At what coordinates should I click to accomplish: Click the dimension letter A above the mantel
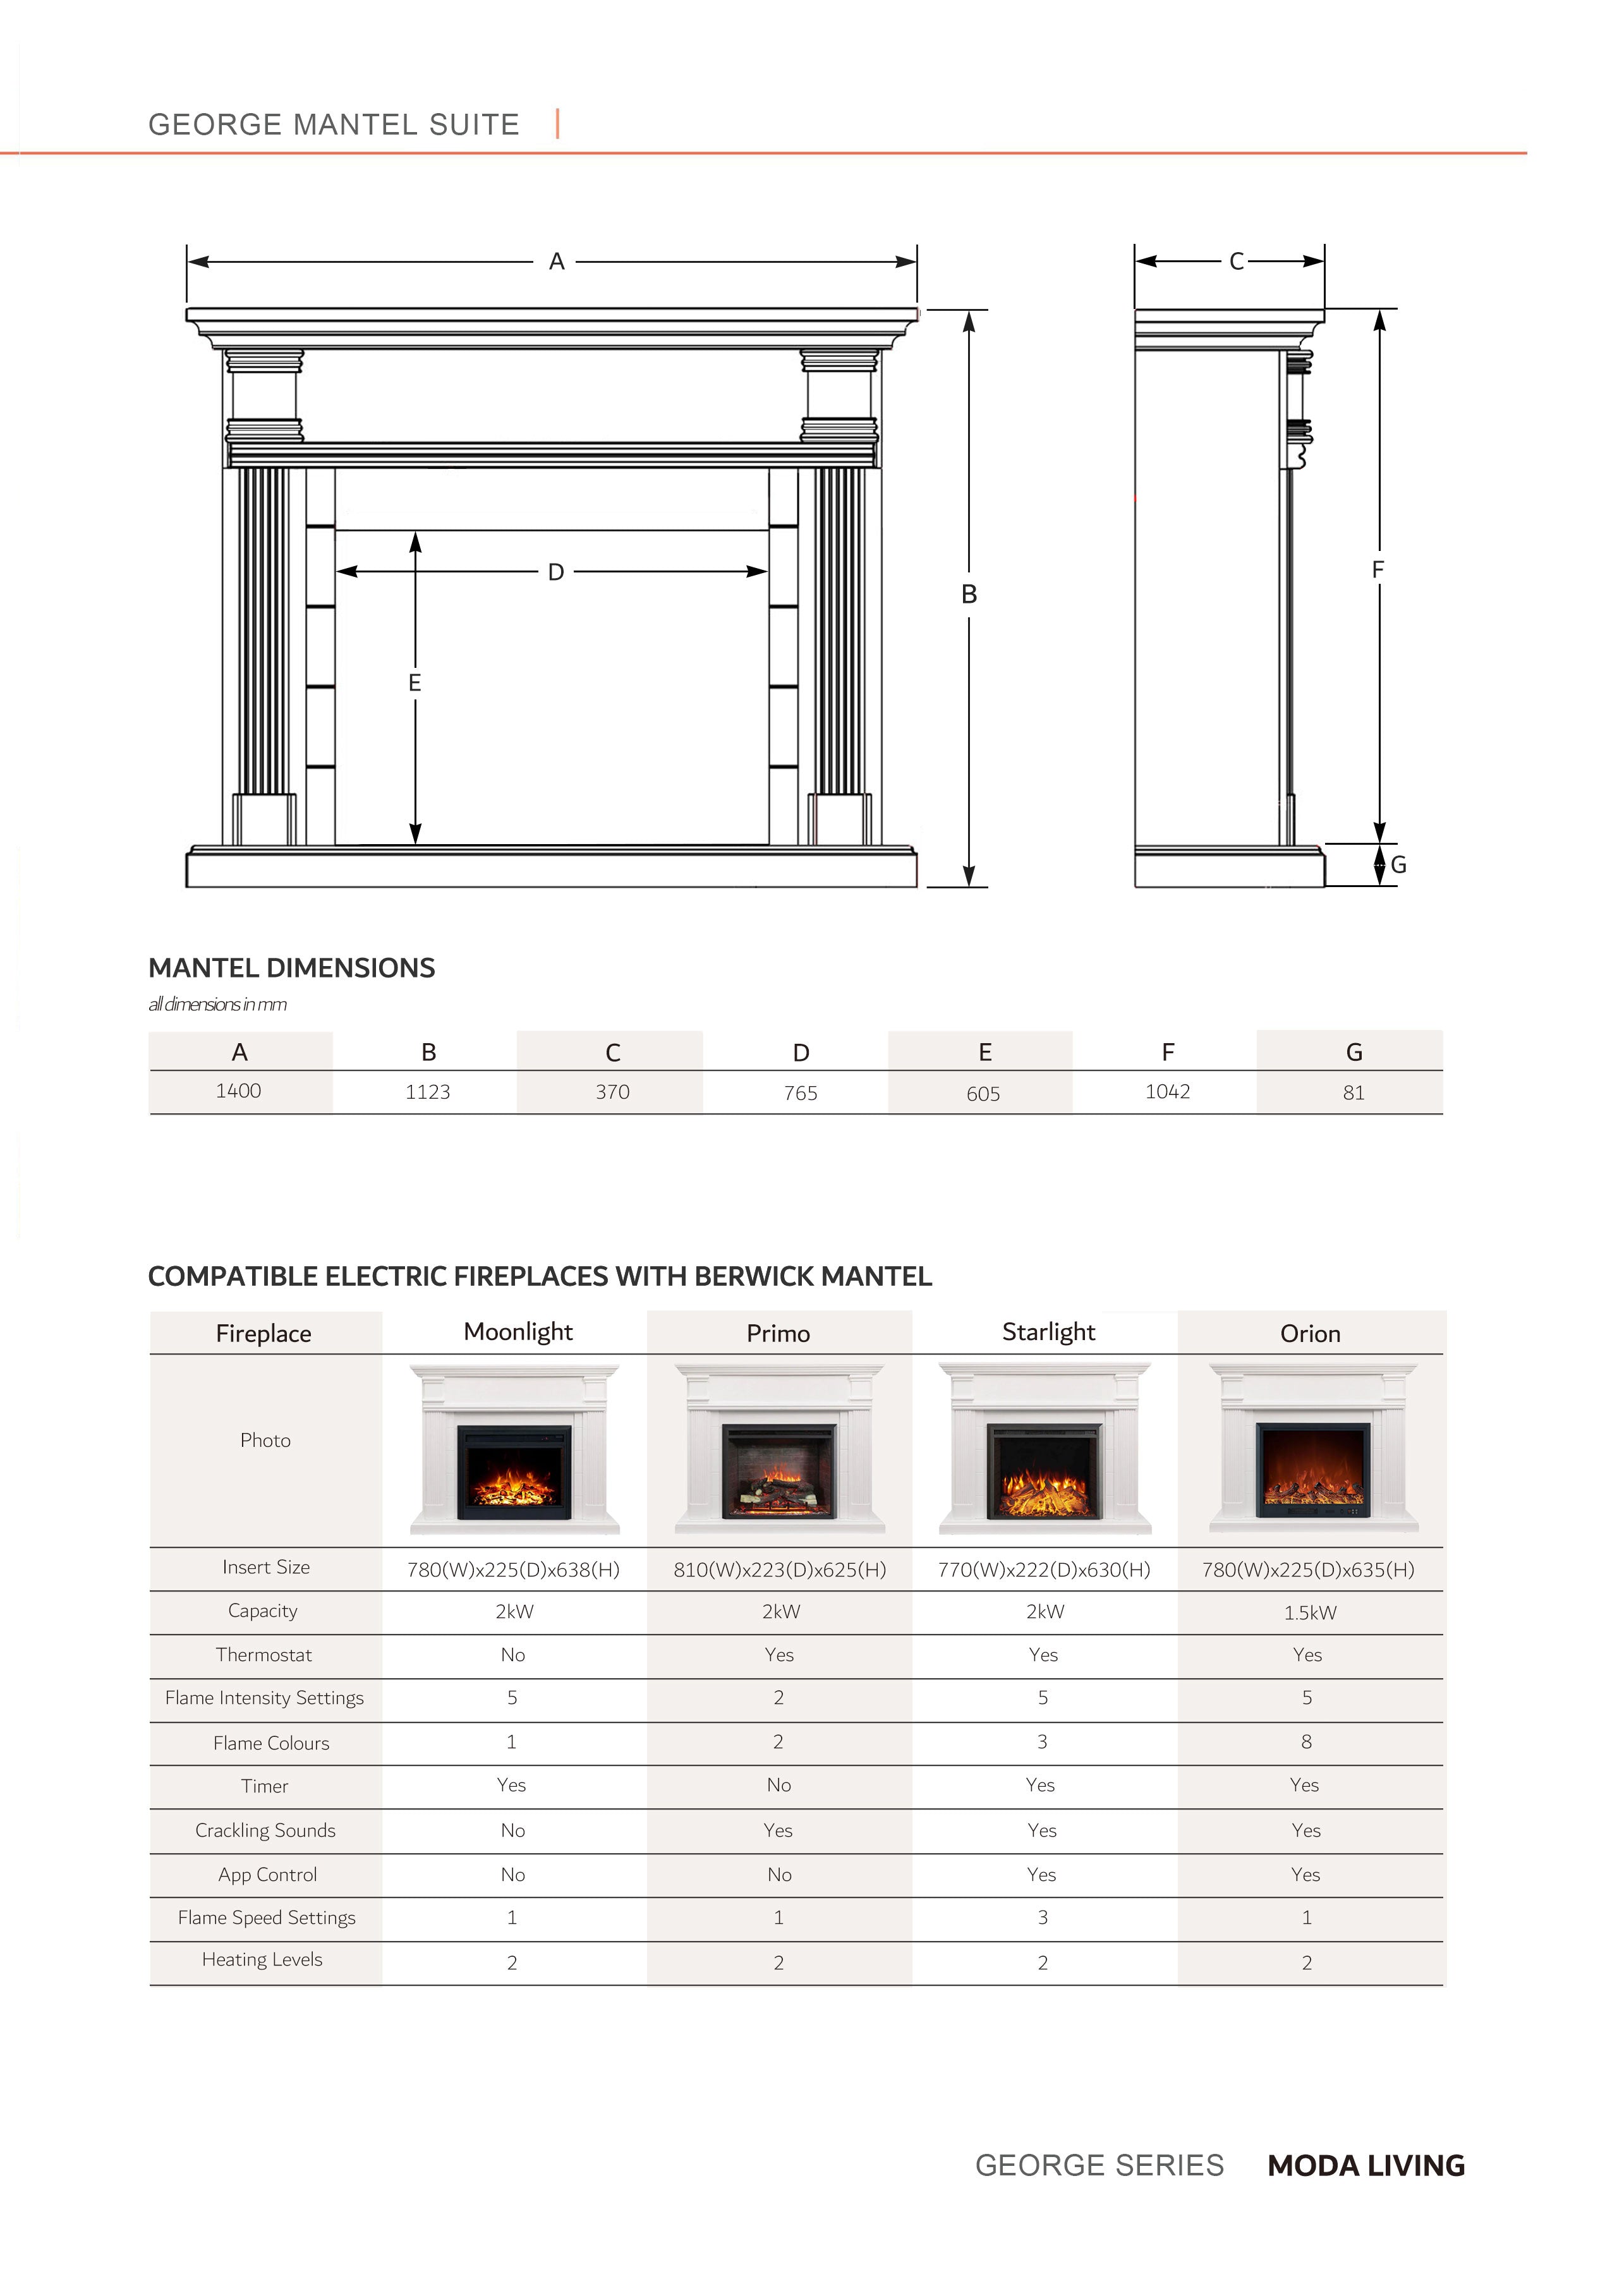pyautogui.click(x=557, y=262)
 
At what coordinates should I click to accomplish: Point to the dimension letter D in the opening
pyautogui.click(x=556, y=572)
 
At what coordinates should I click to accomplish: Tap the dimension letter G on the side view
pyautogui.click(x=1398, y=865)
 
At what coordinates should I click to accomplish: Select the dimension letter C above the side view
pyautogui.click(x=1237, y=262)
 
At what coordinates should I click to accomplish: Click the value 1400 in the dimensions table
pyautogui.click(x=239, y=1091)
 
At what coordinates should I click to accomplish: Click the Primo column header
pyautogui.click(x=778, y=1333)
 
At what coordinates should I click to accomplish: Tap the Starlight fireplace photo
pyautogui.click(x=1044, y=1448)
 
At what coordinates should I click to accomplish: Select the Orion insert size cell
pyautogui.click(x=1307, y=1569)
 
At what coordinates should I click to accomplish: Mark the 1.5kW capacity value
pyautogui.click(x=1309, y=1612)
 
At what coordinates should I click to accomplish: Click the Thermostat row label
pyautogui.click(x=263, y=1654)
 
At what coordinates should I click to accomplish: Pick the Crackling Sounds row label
pyautogui.click(x=265, y=1830)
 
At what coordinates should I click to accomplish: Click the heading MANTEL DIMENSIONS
pyautogui.click(x=291, y=968)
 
